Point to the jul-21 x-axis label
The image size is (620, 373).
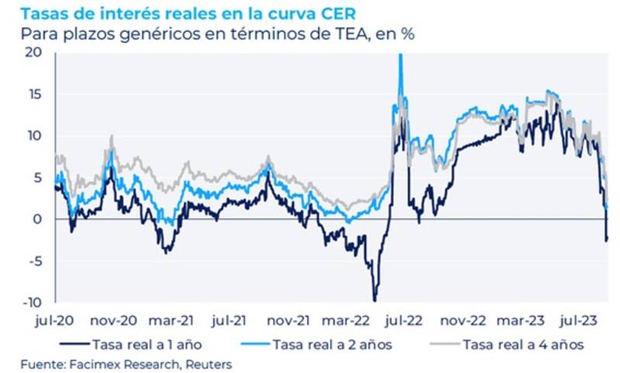(x=231, y=319)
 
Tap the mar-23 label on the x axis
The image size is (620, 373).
(x=521, y=319)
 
